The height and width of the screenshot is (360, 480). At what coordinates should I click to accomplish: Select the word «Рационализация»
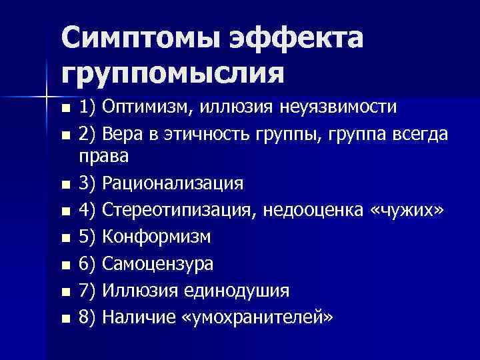point(177,183)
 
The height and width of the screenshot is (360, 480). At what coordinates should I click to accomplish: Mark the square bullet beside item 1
point(65,109)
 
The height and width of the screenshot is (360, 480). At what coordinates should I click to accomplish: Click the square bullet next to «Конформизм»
point(65,238)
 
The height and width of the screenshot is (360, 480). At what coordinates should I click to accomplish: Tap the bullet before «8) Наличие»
point(65,318)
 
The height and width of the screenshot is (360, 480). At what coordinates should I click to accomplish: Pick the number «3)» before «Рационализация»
point(88,183)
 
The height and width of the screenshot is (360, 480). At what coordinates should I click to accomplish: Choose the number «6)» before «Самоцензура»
point(88,263)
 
